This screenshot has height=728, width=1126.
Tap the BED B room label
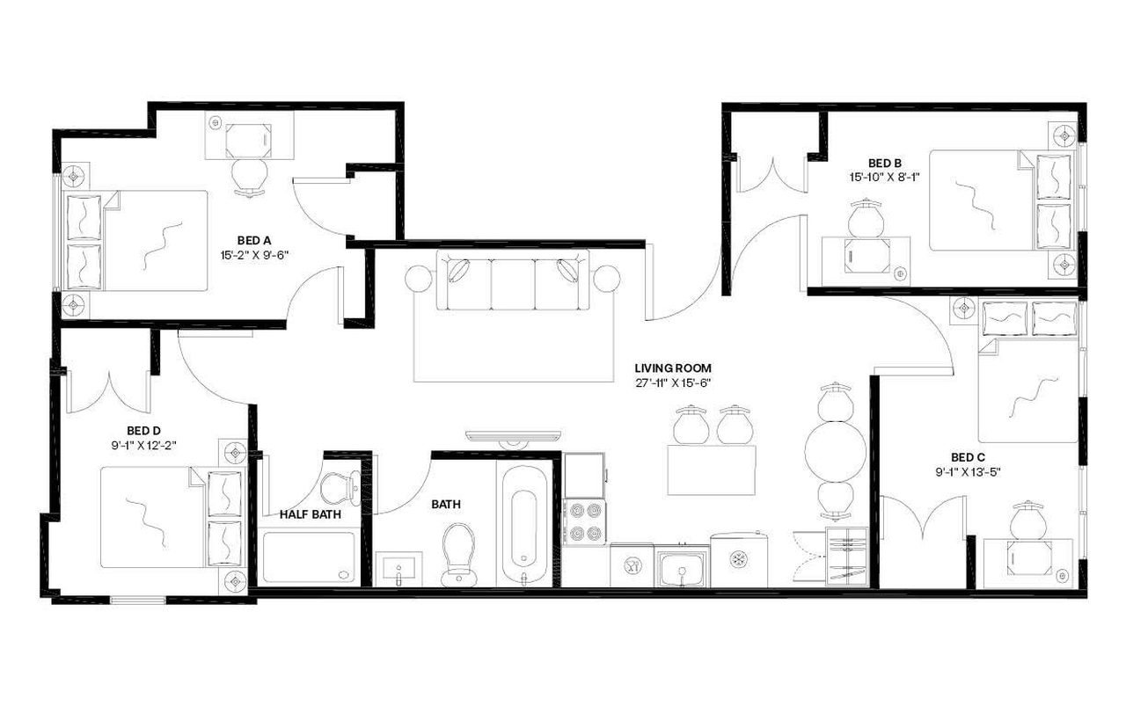[884, 163]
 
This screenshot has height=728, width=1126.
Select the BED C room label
[967, 457]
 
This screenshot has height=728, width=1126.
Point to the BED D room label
[143, 431]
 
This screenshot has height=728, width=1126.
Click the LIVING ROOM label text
[673, 368]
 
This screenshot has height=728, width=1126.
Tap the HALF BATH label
[311, 514]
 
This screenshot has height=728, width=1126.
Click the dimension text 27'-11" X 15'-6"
[673, 382]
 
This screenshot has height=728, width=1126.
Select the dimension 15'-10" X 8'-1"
[884, 177]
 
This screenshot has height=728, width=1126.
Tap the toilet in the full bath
[458, 551]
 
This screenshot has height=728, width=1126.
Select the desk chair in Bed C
[1027, 522]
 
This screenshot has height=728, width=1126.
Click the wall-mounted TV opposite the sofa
[513, 436]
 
